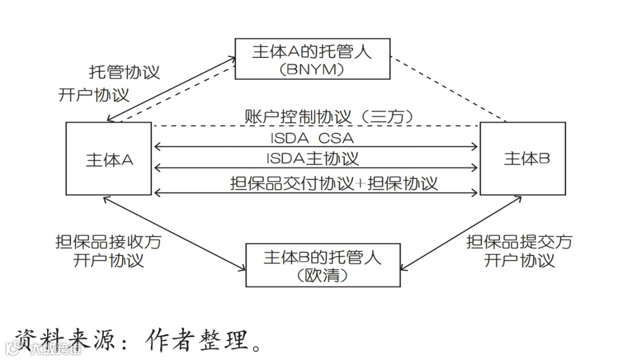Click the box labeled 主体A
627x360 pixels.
pyautogui.click(x=109, y=159)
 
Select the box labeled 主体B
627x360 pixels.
pyautogui.click(x=522, y=159)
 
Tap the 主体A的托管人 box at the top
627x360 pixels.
pyautogui.click(x=312, y=59)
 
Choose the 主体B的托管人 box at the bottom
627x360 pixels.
pyautogui.click(x=323, y=265)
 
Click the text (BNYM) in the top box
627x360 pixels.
pyautogui.click(x=312, y=69)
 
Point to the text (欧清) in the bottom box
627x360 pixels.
pyautogui.click(x=323, y=275)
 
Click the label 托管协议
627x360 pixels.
pyautogui.click(x=124, y=72)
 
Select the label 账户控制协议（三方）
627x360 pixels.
pyautogui.click(x=330, y=116)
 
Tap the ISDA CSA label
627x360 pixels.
pyautogui.click(x=312, y=138)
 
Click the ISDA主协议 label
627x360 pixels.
pyautogui.click(x=313, y=159)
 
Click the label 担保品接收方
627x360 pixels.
pyautogui.click(x=108, y=242)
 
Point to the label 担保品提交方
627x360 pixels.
pyautogui.click(x=519, y=242)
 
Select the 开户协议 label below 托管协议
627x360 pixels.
pyautogui.click(x=94, y=95)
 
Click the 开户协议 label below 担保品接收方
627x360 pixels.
pyautogui.click(x=108, y=260)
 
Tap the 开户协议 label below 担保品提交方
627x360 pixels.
pyautogui.click(x=519, y=260)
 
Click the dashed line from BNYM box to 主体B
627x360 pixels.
pyautogui.click(x=448, y=89)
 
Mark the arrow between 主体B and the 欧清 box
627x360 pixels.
pyautogui.click(x=459, y=233)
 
